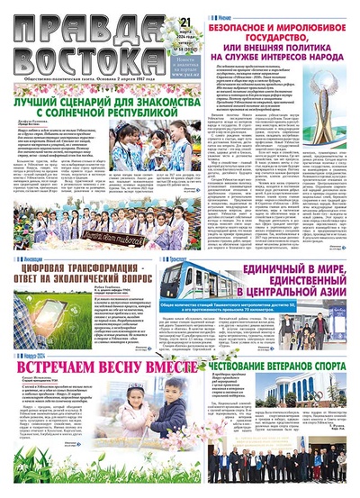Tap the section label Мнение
[x=227, y=15]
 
